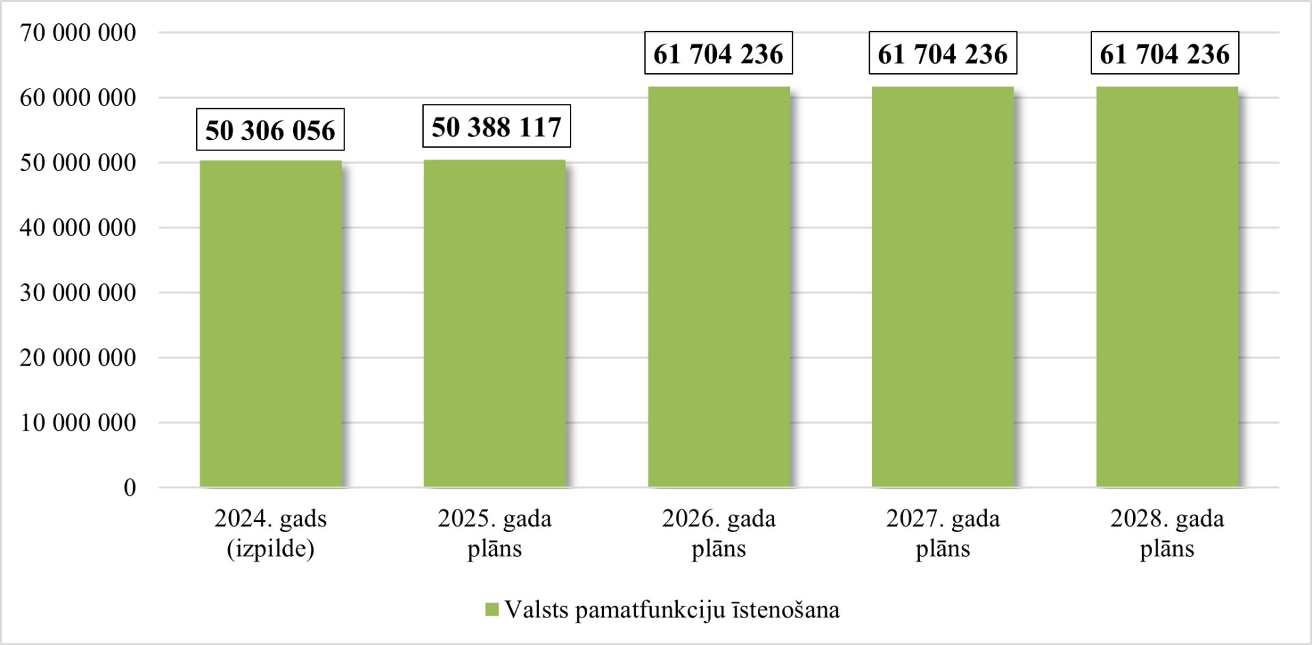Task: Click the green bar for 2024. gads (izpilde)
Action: coord(271,324)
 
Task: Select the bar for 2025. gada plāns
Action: coord(495,324)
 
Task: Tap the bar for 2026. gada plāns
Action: coord(719,287)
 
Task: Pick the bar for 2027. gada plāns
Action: coord(943,287)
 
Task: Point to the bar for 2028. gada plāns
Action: coord(1167,287)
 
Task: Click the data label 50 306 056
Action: coord(271,130)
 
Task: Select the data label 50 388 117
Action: coord(497,127)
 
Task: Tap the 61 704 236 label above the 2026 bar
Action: coord(719,53)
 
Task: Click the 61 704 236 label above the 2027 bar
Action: coord(943,53)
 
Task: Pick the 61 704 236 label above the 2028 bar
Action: coord(1165,53)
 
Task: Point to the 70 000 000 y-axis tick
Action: coord(78,33)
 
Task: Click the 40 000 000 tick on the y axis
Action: coord(78,228)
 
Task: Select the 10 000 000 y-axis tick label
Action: coord(78,423)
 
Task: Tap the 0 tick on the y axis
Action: coord(130,488)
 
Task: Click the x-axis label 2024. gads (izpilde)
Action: coord(271,534)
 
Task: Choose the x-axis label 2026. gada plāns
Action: coord(719,534)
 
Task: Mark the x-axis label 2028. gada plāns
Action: coord(1167,534)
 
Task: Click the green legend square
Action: coord(492,610)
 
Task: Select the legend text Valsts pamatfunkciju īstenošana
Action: coord(672,610)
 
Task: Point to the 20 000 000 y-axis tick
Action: coord(78,358)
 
